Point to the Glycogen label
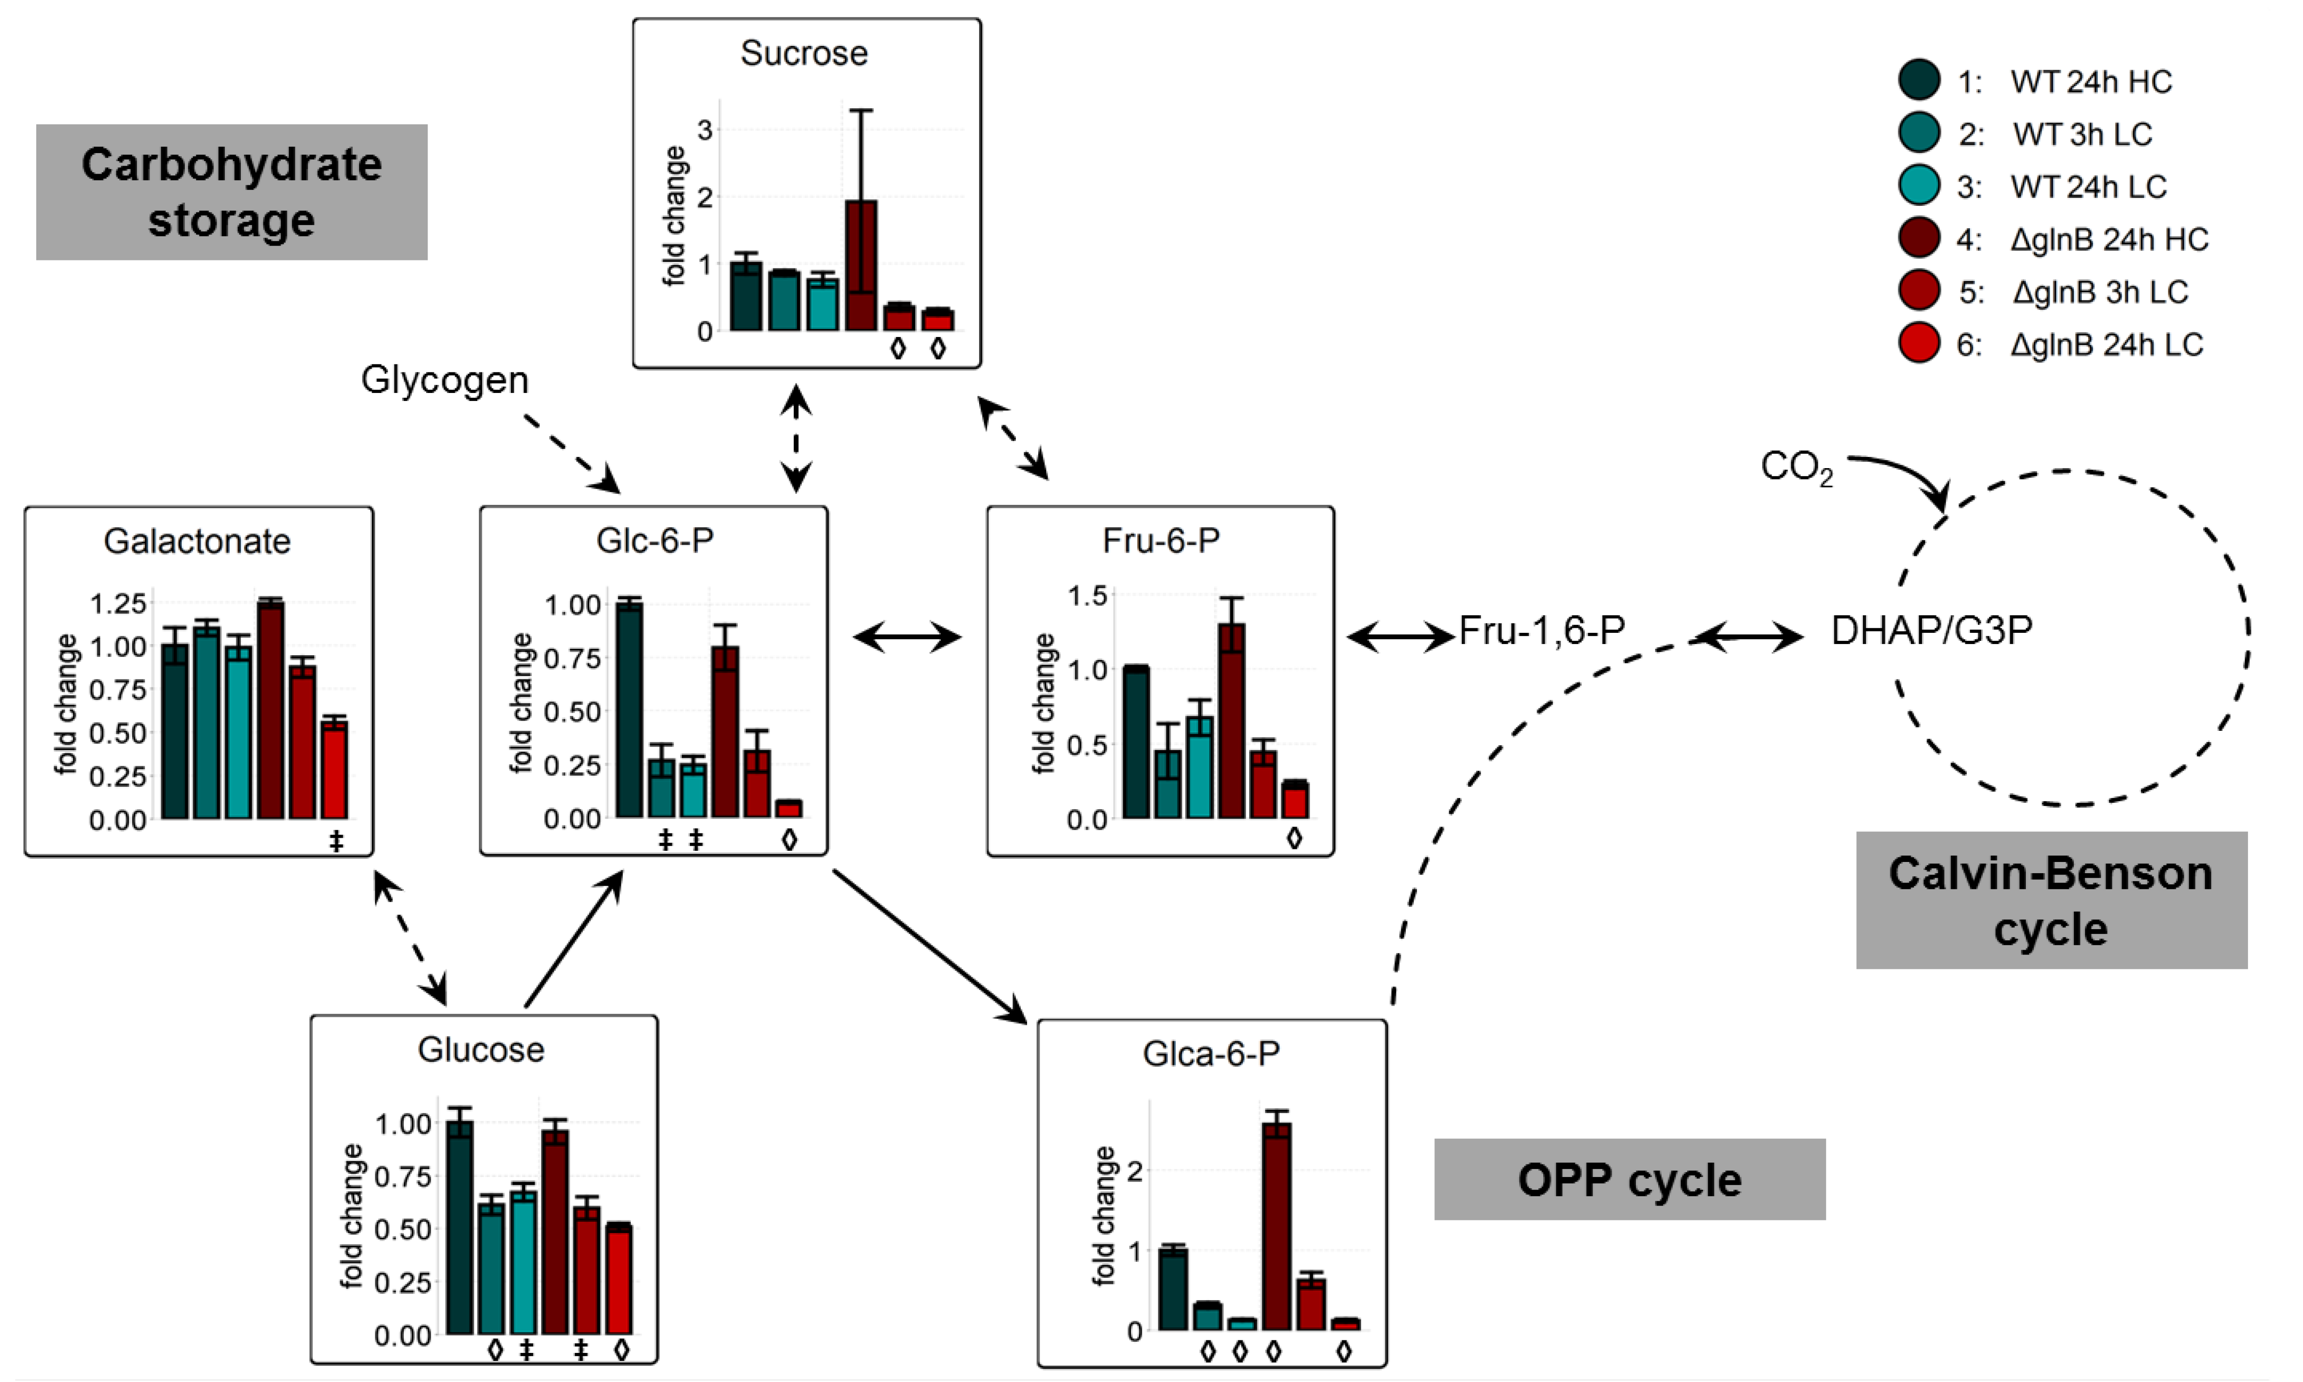click(x=445, y=380)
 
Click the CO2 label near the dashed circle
click(x=1795, y=467)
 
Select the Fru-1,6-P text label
click(x=1542, y=631)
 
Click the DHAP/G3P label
click(x=1931, y=631)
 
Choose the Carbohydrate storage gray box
click(x=231, y=192)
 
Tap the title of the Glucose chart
click(x=481, y=1049)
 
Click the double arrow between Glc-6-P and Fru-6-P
click(x=907, y=637)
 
